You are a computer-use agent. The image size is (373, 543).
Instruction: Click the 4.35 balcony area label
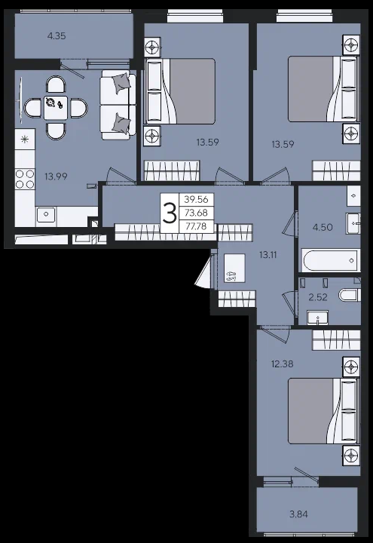click(57, 35)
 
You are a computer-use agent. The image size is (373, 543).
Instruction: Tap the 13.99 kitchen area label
click(56, 176)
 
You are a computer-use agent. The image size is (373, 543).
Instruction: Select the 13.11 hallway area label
click(268, 255)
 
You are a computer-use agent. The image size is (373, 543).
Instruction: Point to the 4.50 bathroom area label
click(323, 227)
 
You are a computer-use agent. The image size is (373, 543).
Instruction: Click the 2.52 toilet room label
click(318, 297)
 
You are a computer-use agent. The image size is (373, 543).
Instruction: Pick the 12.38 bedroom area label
click(283, 364)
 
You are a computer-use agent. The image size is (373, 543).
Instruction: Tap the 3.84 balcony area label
click(298, 514)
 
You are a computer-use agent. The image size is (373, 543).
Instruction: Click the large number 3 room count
click(170, 213)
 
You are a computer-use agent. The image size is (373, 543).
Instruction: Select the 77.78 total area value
click(196, 226)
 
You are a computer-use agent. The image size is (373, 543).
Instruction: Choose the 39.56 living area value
click(196, 199)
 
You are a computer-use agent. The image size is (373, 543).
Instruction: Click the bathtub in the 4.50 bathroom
click(331, 260)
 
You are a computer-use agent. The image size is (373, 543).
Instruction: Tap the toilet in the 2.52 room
click(350, 296)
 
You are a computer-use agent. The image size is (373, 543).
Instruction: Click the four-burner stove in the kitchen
click(25, 179)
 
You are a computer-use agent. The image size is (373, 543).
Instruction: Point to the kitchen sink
click(46, 214)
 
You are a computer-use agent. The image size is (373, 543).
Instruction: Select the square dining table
click(56, 109)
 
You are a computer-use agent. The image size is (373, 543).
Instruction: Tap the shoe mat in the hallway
click(234, 268)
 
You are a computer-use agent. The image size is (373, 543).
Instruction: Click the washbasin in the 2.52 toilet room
click(318, 317)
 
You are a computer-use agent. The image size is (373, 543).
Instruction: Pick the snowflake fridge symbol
click(25, 140)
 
